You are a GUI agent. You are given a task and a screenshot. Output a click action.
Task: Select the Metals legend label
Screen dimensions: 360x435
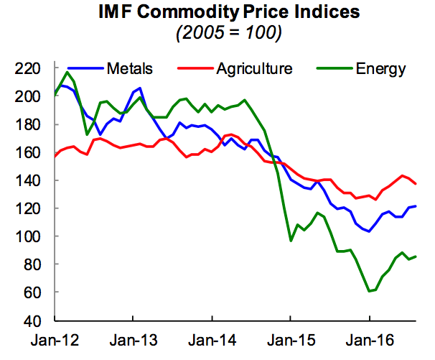point(129,69)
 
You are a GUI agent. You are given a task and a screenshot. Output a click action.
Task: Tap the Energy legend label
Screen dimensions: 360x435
point(380,69)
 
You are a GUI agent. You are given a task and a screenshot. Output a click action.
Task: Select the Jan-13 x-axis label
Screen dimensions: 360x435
point(134,338)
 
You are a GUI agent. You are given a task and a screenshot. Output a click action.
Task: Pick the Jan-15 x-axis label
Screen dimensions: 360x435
point(291,338)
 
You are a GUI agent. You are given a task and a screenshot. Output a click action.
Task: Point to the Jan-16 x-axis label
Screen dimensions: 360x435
point(369,338)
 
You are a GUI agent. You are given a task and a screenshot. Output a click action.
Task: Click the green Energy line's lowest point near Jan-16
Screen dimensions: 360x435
point(370,291)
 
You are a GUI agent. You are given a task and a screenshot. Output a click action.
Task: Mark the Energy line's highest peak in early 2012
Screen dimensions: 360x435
point(67,72)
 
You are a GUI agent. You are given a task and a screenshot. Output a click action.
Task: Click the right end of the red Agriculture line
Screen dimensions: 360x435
point(416,184)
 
